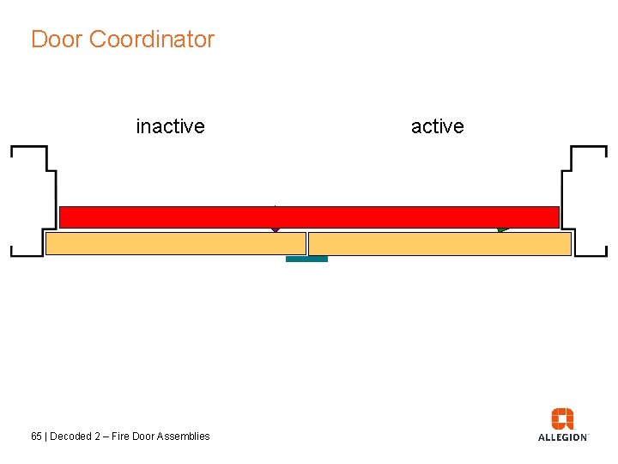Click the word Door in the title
57,40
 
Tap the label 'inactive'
170,126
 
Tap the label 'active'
437,126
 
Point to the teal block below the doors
306,259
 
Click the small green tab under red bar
502,229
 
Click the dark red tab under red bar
276,229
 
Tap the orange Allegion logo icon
562,418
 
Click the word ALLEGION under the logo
562,437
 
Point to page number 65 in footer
36,437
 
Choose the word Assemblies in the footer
185,437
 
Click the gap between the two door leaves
307,244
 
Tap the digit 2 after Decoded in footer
97,437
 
